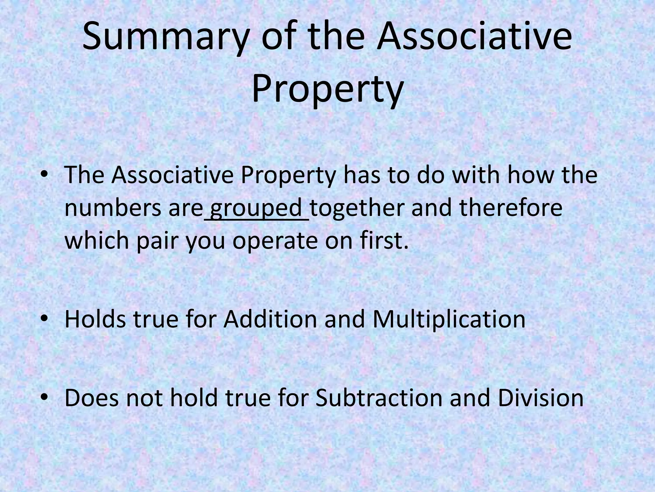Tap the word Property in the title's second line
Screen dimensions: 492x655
click(x=327, y=87)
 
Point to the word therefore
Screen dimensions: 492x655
click(x=511, y=208)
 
